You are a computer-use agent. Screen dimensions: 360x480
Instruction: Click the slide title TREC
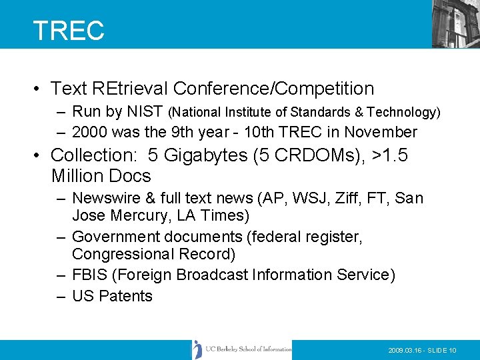[69, 31]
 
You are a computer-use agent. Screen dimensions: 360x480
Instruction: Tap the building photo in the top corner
[455, 23]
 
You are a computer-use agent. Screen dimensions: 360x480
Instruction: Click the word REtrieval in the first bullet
[129, 88]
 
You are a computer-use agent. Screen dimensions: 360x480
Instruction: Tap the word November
[382, 132]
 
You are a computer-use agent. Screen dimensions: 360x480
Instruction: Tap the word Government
[117, 237]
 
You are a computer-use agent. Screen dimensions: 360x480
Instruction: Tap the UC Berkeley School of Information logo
[241, 349]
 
